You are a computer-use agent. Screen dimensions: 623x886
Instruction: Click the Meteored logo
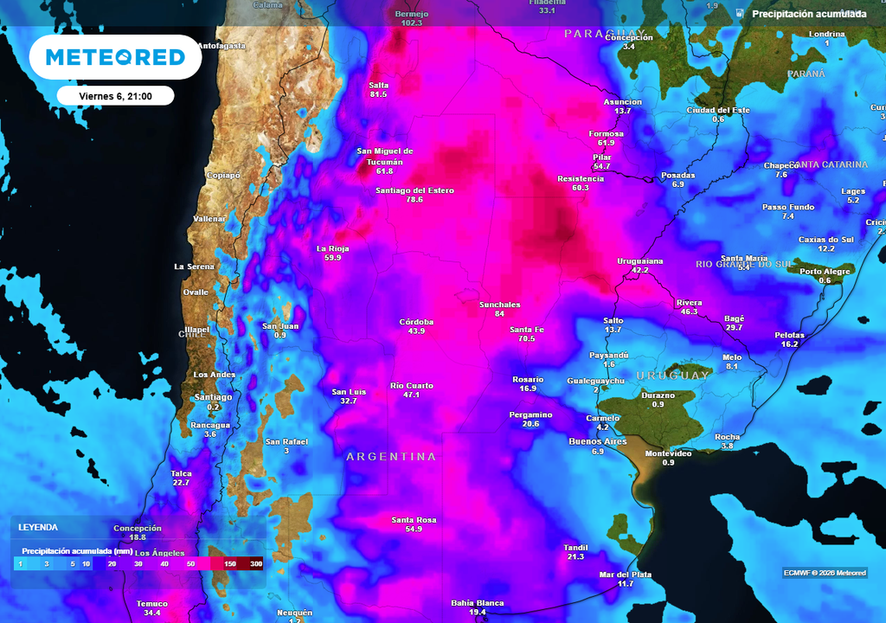click(x=115, y=57)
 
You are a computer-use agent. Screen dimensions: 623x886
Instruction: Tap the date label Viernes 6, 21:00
click(x=115, y=96)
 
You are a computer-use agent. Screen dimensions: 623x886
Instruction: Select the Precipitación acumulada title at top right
click(x=808, y=14)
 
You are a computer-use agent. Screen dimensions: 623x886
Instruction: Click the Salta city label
click(x=378, y=85)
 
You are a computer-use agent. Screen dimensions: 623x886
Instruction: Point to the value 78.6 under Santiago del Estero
click(x=414, y=200)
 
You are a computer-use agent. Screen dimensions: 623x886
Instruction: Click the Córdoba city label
click(x=416, y=322)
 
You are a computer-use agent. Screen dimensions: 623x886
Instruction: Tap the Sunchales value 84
click(x=499, y=313)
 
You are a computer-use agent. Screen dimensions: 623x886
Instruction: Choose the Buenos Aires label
click(x=598, y=441)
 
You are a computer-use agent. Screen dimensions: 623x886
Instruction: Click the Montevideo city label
click(x=668, y=453)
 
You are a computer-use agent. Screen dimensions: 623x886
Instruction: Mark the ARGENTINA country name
click(x=391, y=456)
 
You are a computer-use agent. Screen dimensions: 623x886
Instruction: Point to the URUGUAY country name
click(x=672, y=376)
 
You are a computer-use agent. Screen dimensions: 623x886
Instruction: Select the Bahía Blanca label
click(x=478, y=602)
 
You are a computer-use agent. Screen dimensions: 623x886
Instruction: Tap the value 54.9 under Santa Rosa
click(x=414, y=530)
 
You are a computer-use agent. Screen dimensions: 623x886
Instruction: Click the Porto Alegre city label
click(x=825, y=271)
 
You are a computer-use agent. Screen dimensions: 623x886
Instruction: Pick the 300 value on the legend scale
click(x=256, y=563)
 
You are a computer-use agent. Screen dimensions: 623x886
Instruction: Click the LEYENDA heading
click(x=38, y=526)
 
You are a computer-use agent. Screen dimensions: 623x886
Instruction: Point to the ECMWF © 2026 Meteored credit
click(x=825, y=573)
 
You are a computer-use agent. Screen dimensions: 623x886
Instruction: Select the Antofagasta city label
click(x=221, y=45)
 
